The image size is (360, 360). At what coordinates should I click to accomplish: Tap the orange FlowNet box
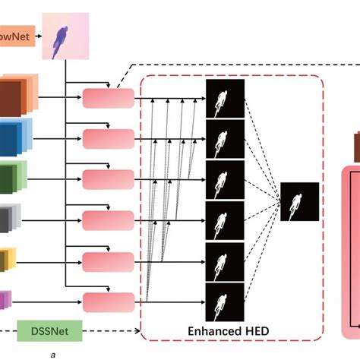click(x=16, y=36)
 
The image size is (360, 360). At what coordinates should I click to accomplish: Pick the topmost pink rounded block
click(x=107, y=98)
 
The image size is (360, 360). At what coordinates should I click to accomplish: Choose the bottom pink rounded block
click(x=107, y=302)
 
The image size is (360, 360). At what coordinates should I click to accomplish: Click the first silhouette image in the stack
click(x=224, y=99)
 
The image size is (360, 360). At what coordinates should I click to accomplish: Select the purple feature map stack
click(x=5, y=301)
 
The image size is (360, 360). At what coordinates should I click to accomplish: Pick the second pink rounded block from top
click(x=107, y=139)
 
